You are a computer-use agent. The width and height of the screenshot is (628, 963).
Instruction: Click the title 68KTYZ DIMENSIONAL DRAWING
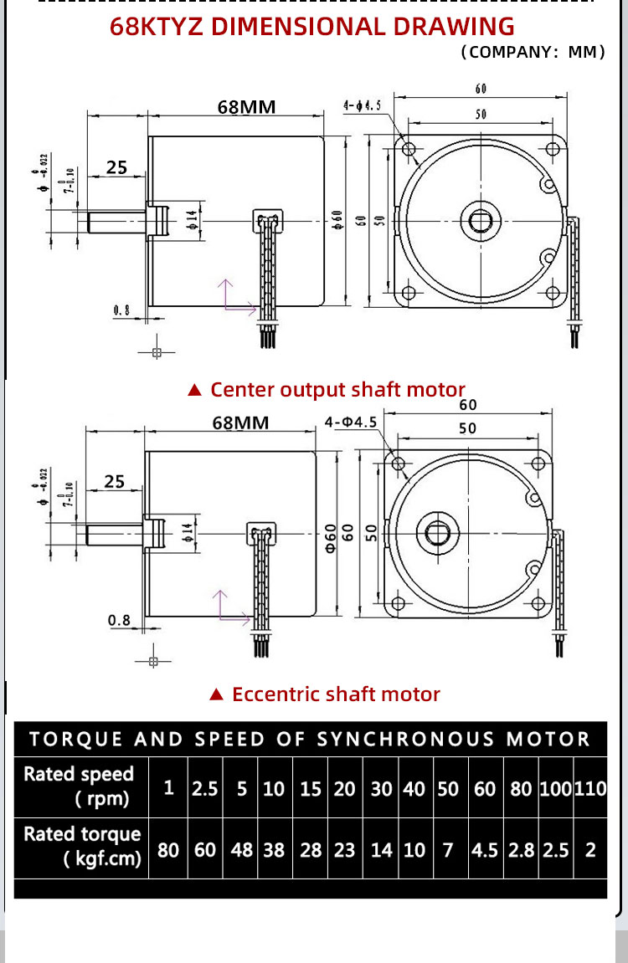point(312,26)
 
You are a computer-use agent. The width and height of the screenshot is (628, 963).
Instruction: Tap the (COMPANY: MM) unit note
point(533,52)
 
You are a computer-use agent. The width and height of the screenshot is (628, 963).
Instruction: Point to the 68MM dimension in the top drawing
point(246,107)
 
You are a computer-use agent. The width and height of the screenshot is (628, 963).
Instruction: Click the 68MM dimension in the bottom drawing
point(240,423)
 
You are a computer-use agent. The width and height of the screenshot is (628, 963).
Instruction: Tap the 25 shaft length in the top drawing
point(116,167)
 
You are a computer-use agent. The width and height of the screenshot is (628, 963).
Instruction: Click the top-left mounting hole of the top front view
point(409,149)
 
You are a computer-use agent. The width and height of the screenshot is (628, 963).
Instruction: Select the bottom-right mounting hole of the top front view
point(552,293)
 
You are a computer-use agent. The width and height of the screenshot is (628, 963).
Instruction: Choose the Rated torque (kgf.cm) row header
point(81,847)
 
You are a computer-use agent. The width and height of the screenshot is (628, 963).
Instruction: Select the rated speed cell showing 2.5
point(205,788)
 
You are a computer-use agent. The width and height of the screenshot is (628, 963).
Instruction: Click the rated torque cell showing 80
point(168,850)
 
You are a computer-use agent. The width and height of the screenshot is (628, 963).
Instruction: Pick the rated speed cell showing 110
point(590,788)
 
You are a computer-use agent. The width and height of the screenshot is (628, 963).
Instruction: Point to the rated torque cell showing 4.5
point(485,850)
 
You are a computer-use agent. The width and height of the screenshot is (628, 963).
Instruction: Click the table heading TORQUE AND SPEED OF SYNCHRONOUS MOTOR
point(310,739)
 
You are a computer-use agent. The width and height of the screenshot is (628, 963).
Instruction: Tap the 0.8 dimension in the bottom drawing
point(120,620)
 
